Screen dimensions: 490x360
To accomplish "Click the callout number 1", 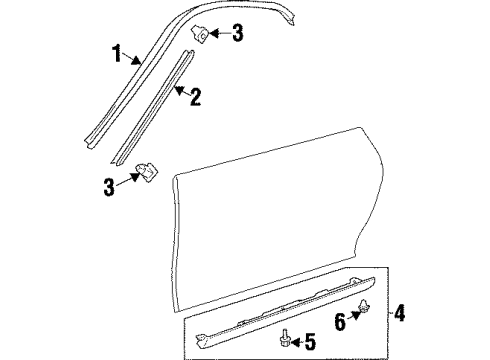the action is tap(117, 53).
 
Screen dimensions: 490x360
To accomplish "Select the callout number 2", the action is tap(195, 97).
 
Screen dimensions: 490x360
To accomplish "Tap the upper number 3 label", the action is tap(237, 33).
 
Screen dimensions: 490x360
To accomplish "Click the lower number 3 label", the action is tap(109, 187).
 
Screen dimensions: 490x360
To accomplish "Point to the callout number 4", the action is tap(399, 313).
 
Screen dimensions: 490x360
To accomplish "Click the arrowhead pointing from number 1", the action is tap(136, 60).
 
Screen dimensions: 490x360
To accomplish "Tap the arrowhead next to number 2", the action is tap(179, 90).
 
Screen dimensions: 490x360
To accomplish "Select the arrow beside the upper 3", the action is tap(220, 33).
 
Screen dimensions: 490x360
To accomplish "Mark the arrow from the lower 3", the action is tap(128, 179).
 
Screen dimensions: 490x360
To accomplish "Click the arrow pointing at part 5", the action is tap(297, 342).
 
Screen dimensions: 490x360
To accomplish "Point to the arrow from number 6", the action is tap(354, 316).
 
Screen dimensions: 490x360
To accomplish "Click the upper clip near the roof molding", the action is tap(199, 34).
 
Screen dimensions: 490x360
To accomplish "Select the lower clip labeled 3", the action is tap(148, 172).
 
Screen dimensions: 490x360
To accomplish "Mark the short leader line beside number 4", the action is tap(391, 313).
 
